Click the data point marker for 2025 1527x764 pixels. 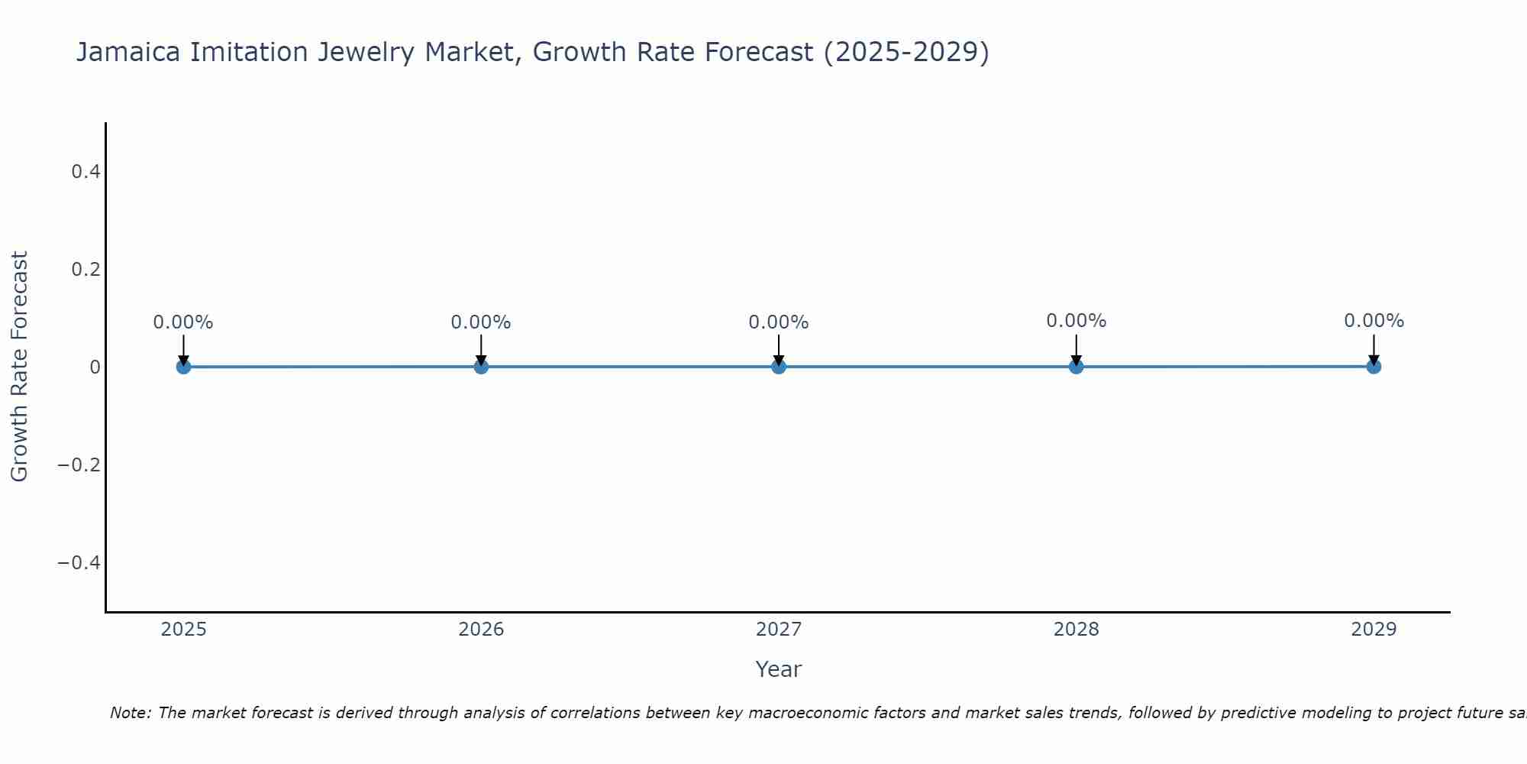[183, 367]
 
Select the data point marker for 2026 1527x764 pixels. [481, 367]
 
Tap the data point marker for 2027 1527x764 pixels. [779, 367]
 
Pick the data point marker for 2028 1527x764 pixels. [1076, 367]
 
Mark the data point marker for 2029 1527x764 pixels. [1374, 367]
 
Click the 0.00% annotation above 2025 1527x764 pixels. [183, 322]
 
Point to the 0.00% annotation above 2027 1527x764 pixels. [779, 322]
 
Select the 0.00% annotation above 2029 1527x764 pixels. [1374, 321]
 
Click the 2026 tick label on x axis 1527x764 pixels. [481, 630]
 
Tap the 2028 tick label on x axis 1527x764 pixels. [1076, 630]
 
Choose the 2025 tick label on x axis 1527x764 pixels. [183, 630]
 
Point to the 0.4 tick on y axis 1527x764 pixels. [86, 172]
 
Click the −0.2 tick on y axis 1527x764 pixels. [79, 465]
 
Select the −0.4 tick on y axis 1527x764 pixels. [79, 563]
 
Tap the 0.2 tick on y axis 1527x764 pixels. [86, 270]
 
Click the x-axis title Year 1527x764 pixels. [778, 669]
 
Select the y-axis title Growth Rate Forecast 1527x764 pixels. [19, 367]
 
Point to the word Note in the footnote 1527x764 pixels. [130, 713]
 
